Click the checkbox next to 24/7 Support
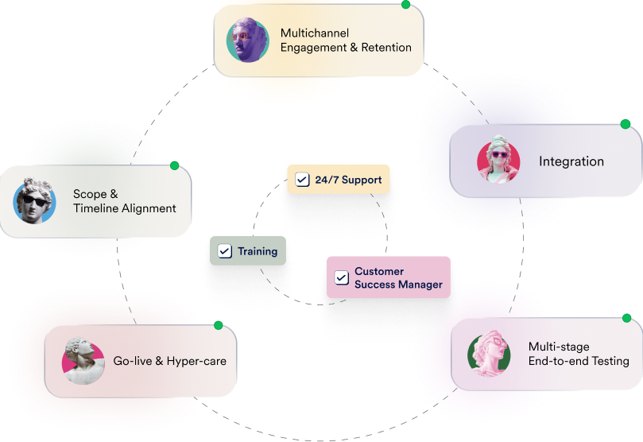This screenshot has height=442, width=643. (302, 180)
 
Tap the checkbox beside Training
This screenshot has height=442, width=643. (225, 251)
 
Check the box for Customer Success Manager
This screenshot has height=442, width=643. (342, 277)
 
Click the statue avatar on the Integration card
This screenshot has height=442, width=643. (498, 161)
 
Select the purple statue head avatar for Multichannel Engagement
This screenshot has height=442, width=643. (247, 40)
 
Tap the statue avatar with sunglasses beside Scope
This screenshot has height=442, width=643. (35, 201)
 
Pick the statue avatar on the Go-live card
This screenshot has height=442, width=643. (83, 361)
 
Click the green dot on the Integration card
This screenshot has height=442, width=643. (626, 124)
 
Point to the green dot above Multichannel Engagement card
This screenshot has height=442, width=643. (405, 4)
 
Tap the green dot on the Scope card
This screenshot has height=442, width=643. (175, 165)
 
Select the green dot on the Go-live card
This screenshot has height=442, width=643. (218, 325)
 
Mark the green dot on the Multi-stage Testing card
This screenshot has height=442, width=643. (626, 318)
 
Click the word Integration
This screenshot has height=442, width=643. (571, 161)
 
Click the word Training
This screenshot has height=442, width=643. (258, 251)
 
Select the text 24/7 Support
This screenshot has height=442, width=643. (348, 180)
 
